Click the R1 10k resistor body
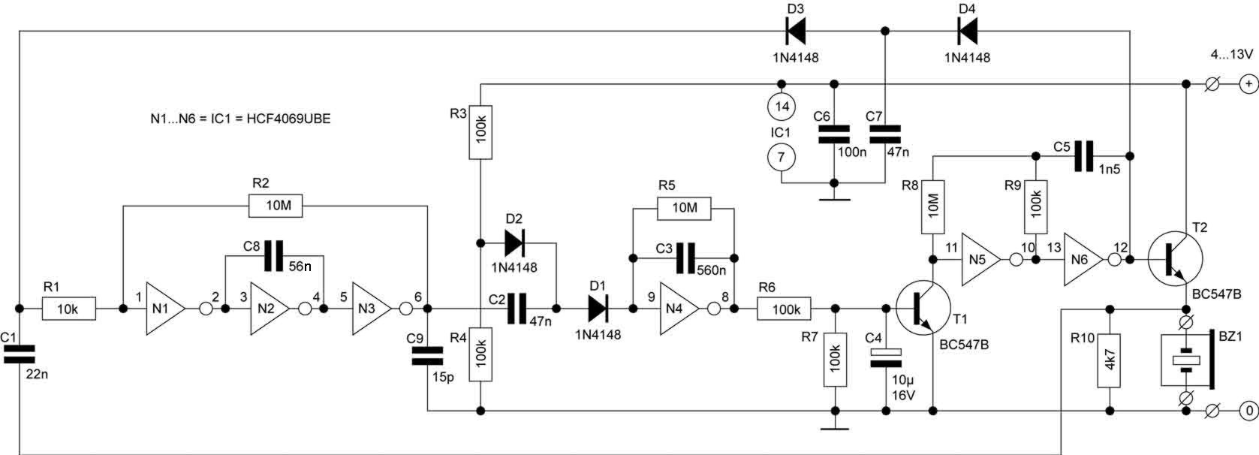68,309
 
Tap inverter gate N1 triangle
164,309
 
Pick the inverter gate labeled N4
677,309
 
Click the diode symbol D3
796,31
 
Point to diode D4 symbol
968,31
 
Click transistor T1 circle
923,308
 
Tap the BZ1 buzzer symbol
1187,360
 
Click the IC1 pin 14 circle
782,107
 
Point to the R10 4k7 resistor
1109,360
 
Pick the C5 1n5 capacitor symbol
1083,155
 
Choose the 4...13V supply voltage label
1231,54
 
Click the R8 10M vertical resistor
932,206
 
